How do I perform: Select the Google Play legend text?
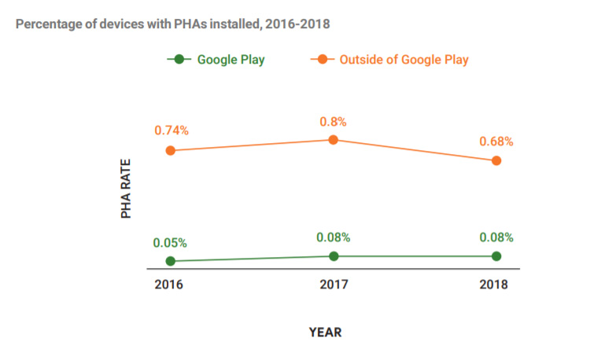[x=230, y=59]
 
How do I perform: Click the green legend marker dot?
[x=179, y=59]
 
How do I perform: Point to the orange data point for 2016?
[x=171, y=150]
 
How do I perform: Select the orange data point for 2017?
[x=334, y=139]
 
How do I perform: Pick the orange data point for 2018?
[x=496, y=160]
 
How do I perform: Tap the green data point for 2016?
[x=171, y=261]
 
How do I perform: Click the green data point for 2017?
[x=334, y=256]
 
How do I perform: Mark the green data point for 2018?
[x=496, y=256]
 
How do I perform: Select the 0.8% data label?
[x=334, y=121]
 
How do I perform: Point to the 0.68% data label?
[x=496, y=141]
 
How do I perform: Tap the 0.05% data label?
[x=171, y=243]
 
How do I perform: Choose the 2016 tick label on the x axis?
[x=168, y=285]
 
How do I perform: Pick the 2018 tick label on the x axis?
[x=494, y=285]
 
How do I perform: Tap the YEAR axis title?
[x=326, y=332]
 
